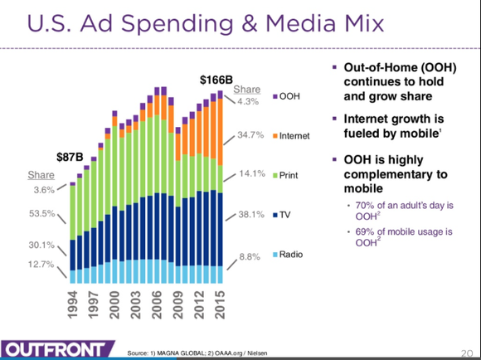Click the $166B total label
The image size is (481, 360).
[218, 80]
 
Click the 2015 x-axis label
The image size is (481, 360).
[219, 305]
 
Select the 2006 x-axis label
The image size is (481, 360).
[157, 305]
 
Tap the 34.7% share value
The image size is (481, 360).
[250, 134]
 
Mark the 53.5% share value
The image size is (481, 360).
[41, 214]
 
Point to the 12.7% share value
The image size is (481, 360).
[41, 265]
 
